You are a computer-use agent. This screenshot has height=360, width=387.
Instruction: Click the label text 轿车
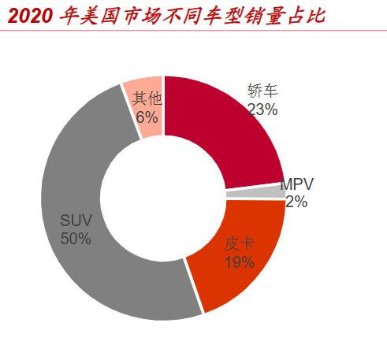point(262,91)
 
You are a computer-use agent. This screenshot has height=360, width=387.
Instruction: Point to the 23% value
point(262,109)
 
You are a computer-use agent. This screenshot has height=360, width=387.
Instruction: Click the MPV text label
point(297,184)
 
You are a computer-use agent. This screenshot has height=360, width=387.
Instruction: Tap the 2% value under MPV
point(296,202)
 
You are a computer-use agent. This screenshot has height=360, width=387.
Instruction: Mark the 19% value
point(239,262)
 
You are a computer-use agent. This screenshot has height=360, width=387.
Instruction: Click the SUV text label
point(76,220)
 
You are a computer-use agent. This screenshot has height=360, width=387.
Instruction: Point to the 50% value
point(76,238)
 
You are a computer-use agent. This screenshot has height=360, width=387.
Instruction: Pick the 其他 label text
point(147,98)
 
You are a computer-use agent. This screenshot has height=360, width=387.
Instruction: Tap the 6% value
point(147,117)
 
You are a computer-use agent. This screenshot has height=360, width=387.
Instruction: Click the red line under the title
point(193,30)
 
